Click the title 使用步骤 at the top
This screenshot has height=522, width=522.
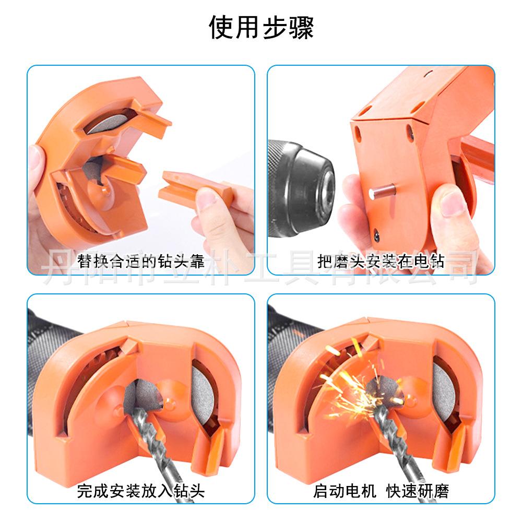click(261, 27)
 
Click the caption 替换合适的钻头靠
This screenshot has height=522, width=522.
click(141, 260)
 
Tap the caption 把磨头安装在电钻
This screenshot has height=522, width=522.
click(381, 260)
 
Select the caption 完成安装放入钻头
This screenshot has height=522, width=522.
click(141, 491)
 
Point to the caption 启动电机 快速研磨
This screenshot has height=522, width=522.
click(381, 491)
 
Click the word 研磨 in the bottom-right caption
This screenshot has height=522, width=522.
click(433, 491)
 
